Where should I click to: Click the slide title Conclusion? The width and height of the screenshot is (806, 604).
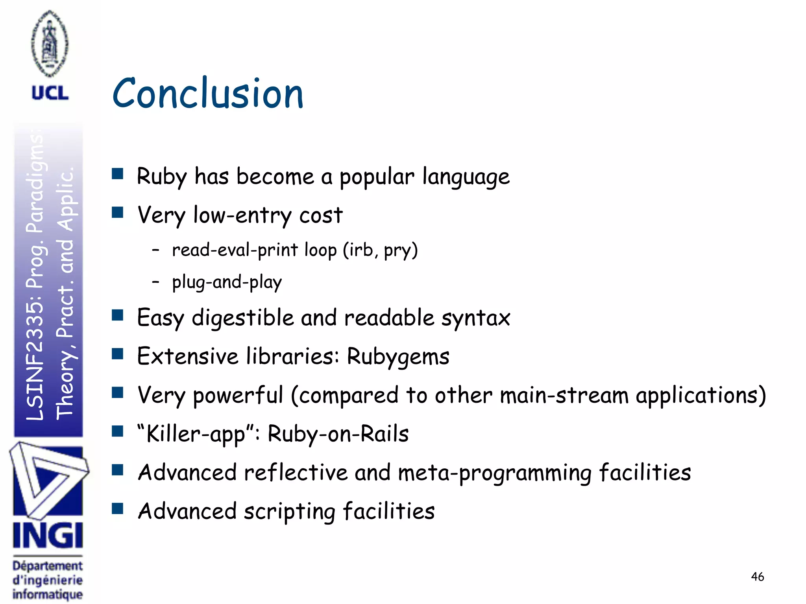point(208,93)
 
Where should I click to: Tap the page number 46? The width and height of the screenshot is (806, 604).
point(757,576)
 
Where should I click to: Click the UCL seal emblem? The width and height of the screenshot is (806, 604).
point(50,43)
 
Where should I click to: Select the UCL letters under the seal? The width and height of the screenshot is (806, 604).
point(50,93)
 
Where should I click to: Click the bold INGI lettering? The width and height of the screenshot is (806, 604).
point(48,536)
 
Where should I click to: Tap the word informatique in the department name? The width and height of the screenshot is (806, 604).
point(48,594)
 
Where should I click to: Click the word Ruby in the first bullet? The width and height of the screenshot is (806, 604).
point(161,176)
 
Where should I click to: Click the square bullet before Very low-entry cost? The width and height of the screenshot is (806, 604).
point(117,213)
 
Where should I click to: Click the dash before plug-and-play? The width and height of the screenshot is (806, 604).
point(156,282)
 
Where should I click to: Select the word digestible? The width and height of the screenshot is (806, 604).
point(242,317)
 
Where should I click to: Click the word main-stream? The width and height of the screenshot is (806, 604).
point(564,395)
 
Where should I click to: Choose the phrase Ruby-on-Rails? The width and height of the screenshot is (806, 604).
point(338,434)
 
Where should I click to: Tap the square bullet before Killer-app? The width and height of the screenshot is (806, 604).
point(117,431)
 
